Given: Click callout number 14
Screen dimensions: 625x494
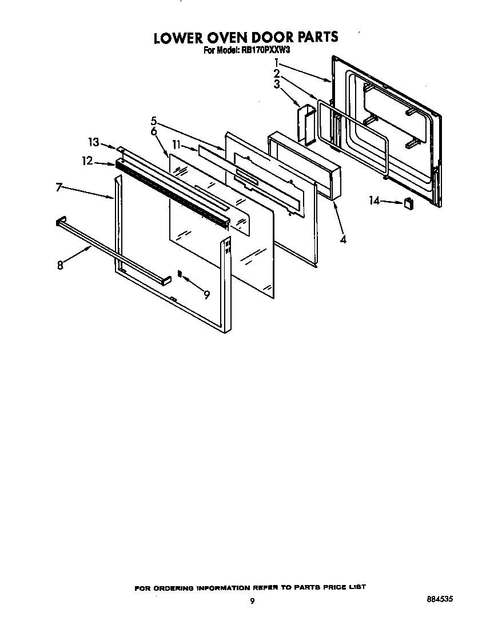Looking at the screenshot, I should coord(374,201).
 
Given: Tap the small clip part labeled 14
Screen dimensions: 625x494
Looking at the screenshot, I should coord(408,203).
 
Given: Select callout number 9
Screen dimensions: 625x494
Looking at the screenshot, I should coord(206,294).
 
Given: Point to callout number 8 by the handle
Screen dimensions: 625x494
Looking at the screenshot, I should coord(60,265).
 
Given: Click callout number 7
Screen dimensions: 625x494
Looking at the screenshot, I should coord(59,187).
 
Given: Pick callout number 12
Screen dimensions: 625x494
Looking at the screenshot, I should coord(87,162).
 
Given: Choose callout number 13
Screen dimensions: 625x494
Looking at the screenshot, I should coord(93,142).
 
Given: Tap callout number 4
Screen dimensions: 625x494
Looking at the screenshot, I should coord(342,239).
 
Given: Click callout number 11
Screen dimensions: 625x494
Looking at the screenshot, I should coord(177,146).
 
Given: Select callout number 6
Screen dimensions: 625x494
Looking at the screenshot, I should coord(154,131).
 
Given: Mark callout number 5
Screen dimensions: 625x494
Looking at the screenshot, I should coord(154,121).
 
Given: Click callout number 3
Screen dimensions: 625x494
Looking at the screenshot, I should coord(276,85).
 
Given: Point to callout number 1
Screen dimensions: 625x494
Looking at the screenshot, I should coord(276,62).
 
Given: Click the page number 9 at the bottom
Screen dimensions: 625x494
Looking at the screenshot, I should coord(252,600).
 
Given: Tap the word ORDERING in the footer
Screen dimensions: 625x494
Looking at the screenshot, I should coord(175,587).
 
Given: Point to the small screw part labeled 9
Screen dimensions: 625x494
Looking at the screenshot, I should coord(180,274).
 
